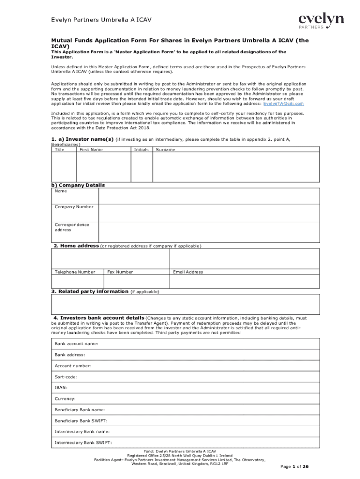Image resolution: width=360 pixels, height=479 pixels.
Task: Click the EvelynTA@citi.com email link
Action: (x=283, y=103)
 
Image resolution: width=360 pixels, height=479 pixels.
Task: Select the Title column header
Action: (x=59, y=150)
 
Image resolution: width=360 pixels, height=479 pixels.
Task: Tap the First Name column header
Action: (x=91, y=150)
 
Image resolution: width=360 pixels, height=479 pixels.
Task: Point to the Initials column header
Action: (x=141, y=150)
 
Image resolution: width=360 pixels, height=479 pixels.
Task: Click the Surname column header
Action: (x=166, y=150)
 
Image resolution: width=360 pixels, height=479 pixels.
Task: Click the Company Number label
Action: (x=74, y=207)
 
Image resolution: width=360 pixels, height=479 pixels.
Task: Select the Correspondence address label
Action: (x=72, y=227)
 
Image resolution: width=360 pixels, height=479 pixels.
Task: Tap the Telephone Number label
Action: (x=75, y=272)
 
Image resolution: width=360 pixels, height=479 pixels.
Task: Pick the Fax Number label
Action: (x=120, y=272)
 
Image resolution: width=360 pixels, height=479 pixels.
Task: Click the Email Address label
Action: (x=188, y=272)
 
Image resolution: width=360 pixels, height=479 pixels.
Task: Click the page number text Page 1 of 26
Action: (x=294, y=467)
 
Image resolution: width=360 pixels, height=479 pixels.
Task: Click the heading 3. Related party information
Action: (x=90, y=291)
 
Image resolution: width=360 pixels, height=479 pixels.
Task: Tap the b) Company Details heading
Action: (x=78, y=185)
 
